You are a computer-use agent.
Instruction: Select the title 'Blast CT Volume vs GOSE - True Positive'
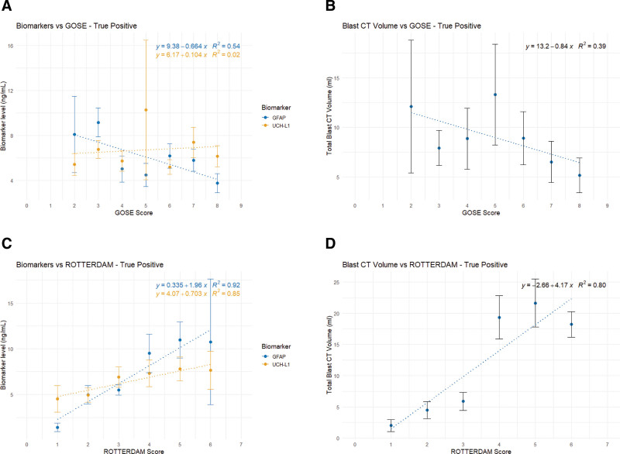411,26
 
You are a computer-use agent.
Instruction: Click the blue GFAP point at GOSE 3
98,122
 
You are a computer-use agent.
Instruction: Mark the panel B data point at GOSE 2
412,106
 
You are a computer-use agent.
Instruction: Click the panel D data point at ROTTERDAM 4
499,317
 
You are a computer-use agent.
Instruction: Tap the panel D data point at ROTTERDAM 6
571,325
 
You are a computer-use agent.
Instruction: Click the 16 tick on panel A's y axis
21,46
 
